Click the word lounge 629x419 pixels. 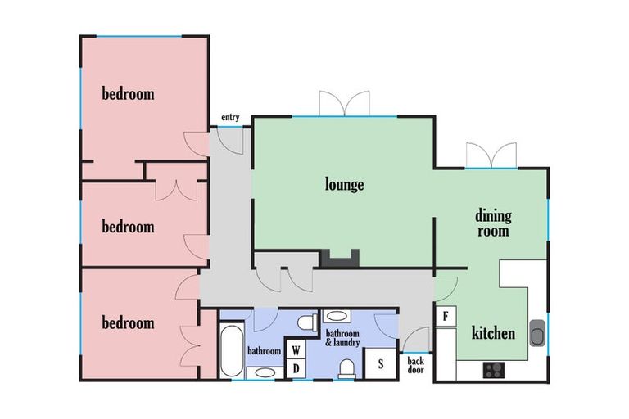344,185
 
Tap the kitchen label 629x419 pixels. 493,333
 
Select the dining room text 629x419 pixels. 493,223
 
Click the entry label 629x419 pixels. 230,118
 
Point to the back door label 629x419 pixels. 415,365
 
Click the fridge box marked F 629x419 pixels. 446,317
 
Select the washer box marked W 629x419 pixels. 296,350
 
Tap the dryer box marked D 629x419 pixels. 296,368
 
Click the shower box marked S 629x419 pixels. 380,363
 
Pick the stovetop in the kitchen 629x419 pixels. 494,370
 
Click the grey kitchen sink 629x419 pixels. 537,333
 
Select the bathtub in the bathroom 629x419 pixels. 232,350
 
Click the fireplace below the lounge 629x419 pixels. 339,259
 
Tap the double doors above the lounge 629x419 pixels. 344,104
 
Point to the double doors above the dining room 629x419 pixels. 491,155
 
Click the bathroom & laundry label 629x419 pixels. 342,338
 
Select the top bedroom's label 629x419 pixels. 128,94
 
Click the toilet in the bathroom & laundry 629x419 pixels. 347,368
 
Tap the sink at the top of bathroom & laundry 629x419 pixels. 337,316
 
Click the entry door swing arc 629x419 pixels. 231,145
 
